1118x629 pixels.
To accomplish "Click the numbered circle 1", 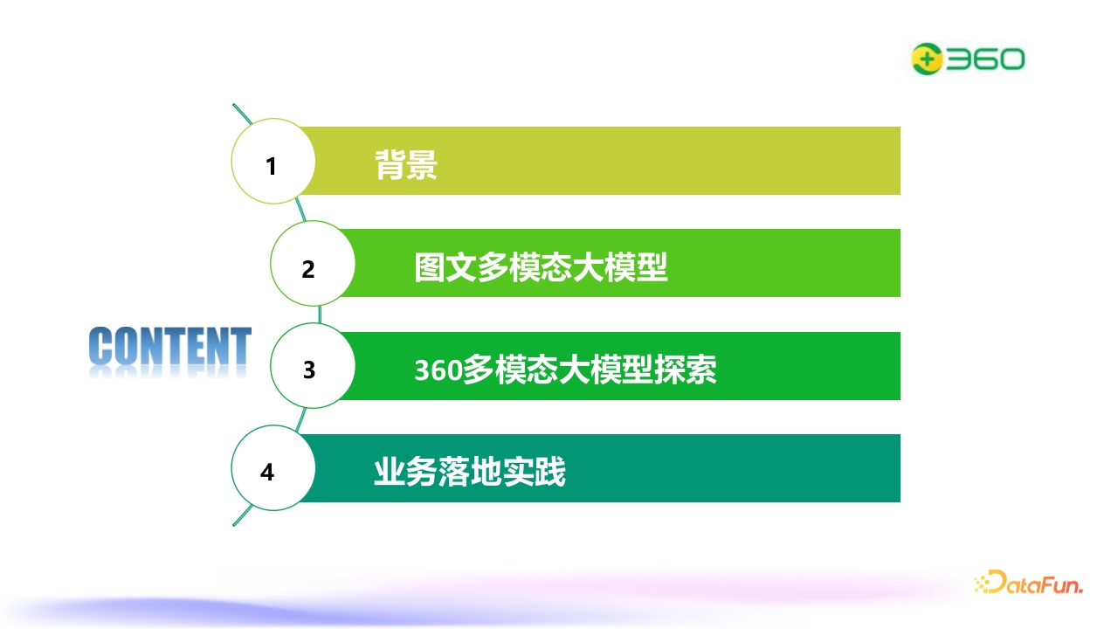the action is coord(273,162).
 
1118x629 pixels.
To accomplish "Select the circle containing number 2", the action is coord(313,264).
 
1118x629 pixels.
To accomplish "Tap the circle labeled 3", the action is coord(313,366).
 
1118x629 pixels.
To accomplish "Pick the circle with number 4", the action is coord(273,468).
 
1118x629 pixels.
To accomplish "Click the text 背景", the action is coord(406,165).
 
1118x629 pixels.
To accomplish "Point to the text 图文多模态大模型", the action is coord(541,267).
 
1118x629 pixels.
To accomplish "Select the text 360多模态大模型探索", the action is coord(565,370).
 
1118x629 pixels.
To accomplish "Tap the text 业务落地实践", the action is coord(470,472).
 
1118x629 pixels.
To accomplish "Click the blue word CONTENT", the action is coord(170,345).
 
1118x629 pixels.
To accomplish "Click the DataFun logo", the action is coord(1029,583).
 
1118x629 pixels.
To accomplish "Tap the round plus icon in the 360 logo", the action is coord(927,59).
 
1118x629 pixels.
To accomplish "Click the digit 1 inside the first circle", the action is coord(271,167).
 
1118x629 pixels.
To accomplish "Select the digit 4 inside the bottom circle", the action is coord(267,473).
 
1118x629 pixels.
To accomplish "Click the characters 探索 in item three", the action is coord(686,370).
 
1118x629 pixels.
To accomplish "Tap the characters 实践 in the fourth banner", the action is coord(534,472).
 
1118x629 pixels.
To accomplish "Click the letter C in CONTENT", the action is coord(100,345).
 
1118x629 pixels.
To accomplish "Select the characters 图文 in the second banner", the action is coord(445,267).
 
